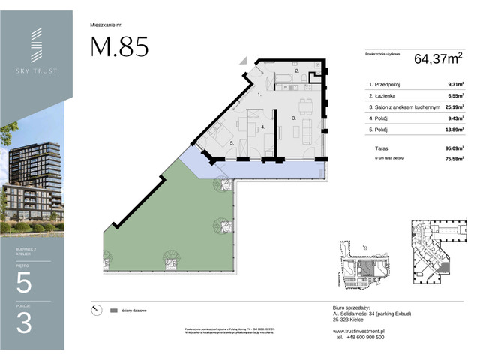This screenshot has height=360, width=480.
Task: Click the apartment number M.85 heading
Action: click(x=119, y=46)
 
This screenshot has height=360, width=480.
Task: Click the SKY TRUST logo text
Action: click(x=37, y=70)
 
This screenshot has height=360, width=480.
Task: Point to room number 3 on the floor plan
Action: click(x=294, y=118)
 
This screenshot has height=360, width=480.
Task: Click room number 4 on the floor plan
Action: click(x=263, y=127)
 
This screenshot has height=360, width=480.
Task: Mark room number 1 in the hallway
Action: click(x=259, y=96)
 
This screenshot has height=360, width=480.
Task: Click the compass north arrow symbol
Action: click(x=94, y=309)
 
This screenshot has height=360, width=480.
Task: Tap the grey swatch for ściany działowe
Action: click(x=114, y=310)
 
